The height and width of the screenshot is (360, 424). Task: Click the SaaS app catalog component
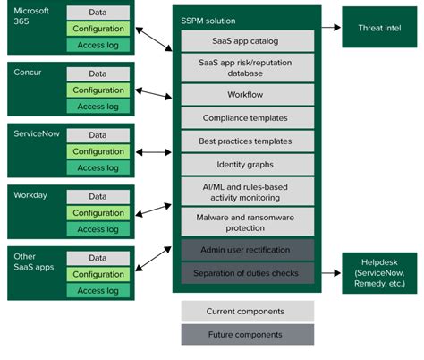[248, 40]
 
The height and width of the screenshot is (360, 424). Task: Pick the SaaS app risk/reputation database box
[248, 68]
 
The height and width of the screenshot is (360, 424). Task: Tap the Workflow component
[248, 93]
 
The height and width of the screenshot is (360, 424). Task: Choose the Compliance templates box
[248, 117]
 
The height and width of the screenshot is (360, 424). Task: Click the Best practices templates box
[248, 141]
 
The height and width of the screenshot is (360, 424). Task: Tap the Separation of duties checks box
[248, 271]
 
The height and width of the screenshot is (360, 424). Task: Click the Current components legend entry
[248, 311]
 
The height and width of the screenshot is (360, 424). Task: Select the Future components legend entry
[248, 334]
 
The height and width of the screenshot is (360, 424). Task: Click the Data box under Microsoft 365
[98, 13]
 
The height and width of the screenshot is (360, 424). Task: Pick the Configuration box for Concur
[98, 90]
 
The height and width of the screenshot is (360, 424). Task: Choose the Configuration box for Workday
[98, 213]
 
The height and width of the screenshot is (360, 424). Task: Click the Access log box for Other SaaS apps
[98, 290]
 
